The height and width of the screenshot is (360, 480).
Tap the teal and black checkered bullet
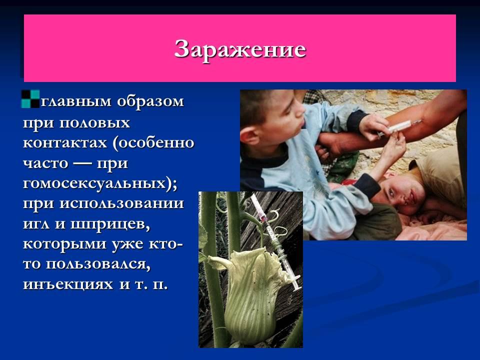click(x=30, y=98)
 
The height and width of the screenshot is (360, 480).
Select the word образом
click(x=150, y=101)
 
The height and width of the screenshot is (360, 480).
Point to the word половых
click(x=94, y=122)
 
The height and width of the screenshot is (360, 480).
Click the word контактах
click(x=65, y=142)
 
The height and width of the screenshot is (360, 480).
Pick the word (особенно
click(x=153, y=142)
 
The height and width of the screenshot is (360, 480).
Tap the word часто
click(x=45, y=163)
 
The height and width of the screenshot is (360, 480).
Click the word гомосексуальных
click(x=96, y=183)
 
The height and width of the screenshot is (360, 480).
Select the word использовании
click(x=121, y=203)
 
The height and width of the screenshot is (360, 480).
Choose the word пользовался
click(x=98, y=264)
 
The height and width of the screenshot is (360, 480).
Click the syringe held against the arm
click(x=398, y=126)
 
